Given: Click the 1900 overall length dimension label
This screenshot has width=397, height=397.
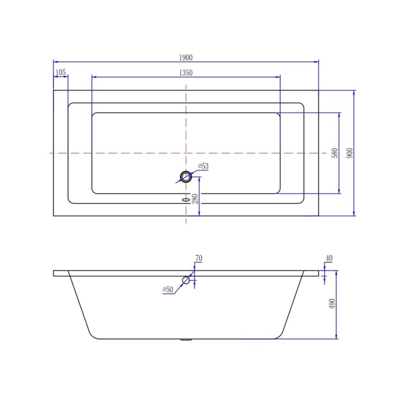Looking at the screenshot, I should tap(186, 57).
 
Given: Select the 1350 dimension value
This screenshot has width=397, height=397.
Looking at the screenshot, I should tap(186, 73).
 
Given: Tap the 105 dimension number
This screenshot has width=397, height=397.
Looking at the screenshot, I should tap(61, 72).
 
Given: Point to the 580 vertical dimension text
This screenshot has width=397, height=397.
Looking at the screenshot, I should tap(335, 153).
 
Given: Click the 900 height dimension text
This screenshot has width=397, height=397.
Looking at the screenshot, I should tap(350, 153).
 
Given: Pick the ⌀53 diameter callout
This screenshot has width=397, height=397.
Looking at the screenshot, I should tap(203, 166).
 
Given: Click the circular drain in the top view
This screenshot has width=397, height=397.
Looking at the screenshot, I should tap(186, 177).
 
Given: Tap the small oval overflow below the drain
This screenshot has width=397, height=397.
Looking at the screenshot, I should tap(186, 199).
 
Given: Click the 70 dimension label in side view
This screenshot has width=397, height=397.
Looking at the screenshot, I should tap(198, 258).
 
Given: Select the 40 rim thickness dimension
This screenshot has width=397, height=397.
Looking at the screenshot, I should tap(329, 258).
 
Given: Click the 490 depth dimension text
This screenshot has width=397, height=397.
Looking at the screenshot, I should tap(332, 304).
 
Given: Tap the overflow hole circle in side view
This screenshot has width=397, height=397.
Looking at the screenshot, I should tap(186, 280).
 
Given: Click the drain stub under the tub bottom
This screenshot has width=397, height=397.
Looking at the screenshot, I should tap(186, 340).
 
